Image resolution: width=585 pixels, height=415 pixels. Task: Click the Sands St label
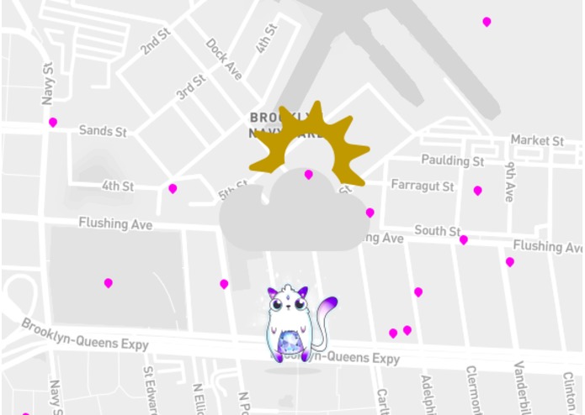pyautogui.click(x=103, y=131)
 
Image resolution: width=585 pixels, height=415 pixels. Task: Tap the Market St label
pyautogui.click(x=537, y=140)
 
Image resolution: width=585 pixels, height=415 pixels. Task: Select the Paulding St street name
pyautogui.click(x=453, y=160)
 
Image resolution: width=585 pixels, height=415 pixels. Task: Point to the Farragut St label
pyautogui.click(x=423, y=185)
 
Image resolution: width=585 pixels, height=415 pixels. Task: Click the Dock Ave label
pyautogui.click(x=224, y=59)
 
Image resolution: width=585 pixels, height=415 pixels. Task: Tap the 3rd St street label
pyautogui.click(x=191, y=87)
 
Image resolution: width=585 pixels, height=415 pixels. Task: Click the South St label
pyautogui.click(x=437, y=231)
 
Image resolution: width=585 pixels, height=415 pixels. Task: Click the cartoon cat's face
pyautogui.click(x=288, y=304)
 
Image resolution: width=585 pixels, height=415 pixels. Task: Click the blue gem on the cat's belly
pyautogui.click(x=293, y=343)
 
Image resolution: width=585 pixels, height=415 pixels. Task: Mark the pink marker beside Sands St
pyautogui.click(x=53, y=122)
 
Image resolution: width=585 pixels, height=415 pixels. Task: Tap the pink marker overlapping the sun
pyautogui.click(x=309, y=174)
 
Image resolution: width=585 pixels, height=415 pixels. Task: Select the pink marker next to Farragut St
pyautogui.click(x=478, y=191)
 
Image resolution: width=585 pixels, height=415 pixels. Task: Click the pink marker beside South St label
pyautogui.click(x=464, y=239)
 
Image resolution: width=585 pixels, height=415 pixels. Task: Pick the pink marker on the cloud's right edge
pyautogui.click(x=370, y=213)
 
